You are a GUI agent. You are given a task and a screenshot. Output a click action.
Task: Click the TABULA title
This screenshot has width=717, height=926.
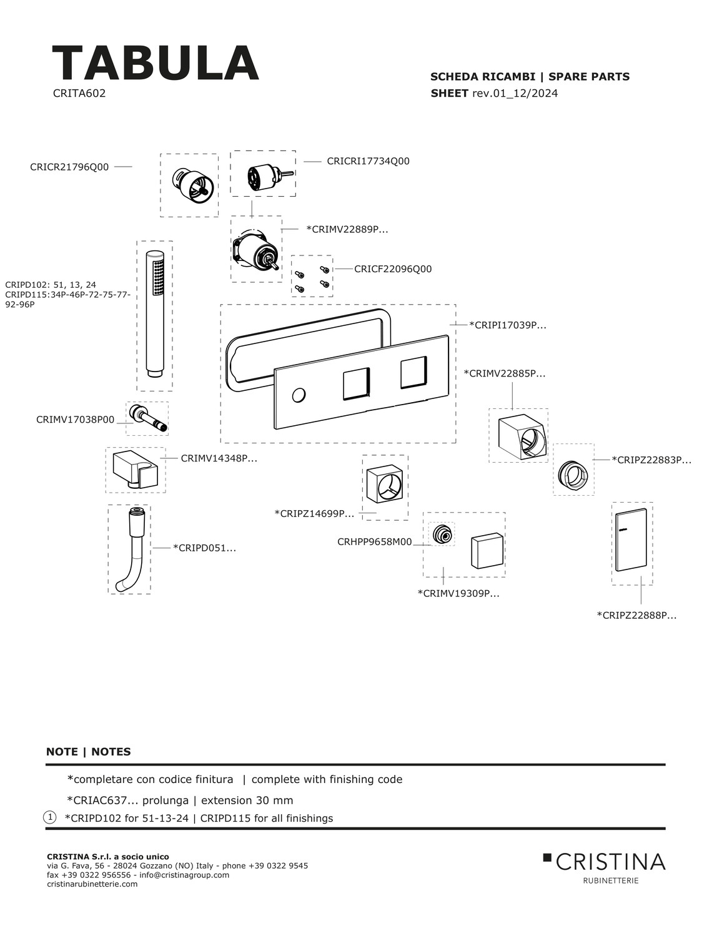point(155,64)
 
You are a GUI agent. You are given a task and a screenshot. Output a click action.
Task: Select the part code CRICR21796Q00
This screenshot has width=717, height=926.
point(69,167)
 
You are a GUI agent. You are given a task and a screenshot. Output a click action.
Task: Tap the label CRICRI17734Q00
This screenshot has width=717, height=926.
point(368,161)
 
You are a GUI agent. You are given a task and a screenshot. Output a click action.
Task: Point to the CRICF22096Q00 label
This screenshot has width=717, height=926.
point(393,269)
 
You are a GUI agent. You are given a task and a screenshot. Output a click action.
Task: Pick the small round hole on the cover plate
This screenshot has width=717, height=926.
point(299,395)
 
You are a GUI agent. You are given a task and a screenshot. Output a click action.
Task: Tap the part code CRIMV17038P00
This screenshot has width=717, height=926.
point(76,420)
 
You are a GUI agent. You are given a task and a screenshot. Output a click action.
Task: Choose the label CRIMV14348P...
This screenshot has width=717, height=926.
point(219,458)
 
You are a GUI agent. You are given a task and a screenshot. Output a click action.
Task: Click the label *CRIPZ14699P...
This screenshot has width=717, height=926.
point(314,513)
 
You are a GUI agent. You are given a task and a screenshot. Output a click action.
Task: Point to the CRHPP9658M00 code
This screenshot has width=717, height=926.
point(375,542)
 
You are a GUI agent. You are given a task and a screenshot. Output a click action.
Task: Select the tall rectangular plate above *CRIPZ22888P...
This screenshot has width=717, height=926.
point(631,542)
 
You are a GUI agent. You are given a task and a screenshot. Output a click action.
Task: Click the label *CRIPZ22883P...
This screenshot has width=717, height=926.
point(651,460)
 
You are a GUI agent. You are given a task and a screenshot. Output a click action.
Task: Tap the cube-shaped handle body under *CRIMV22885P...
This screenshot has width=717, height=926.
point(521,436)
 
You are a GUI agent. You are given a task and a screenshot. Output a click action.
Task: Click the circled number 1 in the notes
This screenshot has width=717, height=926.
point(50,817)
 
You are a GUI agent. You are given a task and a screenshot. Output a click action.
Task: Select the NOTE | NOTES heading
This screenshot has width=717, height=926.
point(89,752)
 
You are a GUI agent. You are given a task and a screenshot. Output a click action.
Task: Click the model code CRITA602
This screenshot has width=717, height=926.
point(79,94)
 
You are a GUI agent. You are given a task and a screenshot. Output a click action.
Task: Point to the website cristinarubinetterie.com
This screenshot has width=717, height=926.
point(92,884)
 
